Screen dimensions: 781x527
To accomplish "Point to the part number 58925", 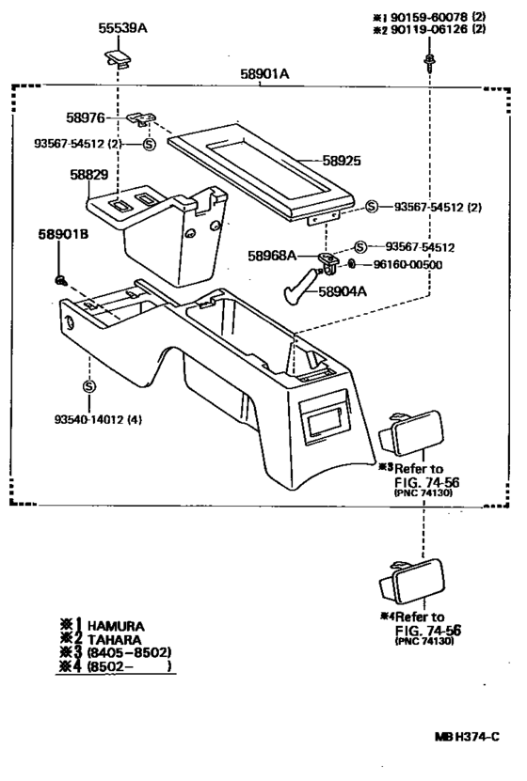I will [x=343, y=161].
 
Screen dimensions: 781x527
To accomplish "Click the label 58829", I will [x=88, y=176].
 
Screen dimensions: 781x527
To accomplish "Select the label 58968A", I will [x=272, y=255].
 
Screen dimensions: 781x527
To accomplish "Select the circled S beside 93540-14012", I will [x=88, y=386].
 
